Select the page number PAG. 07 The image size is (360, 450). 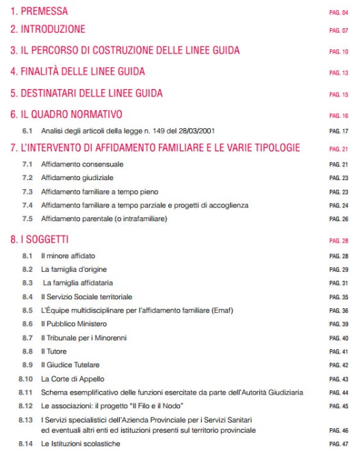tap(339, 31)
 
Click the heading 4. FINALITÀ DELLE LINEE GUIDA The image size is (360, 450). tap(77, 71)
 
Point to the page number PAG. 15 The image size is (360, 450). tap(339, 92)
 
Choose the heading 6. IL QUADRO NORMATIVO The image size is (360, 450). tap(66, 114)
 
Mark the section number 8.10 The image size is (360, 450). tap(26, 378)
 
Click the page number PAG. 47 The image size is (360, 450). tap(339, 443)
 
